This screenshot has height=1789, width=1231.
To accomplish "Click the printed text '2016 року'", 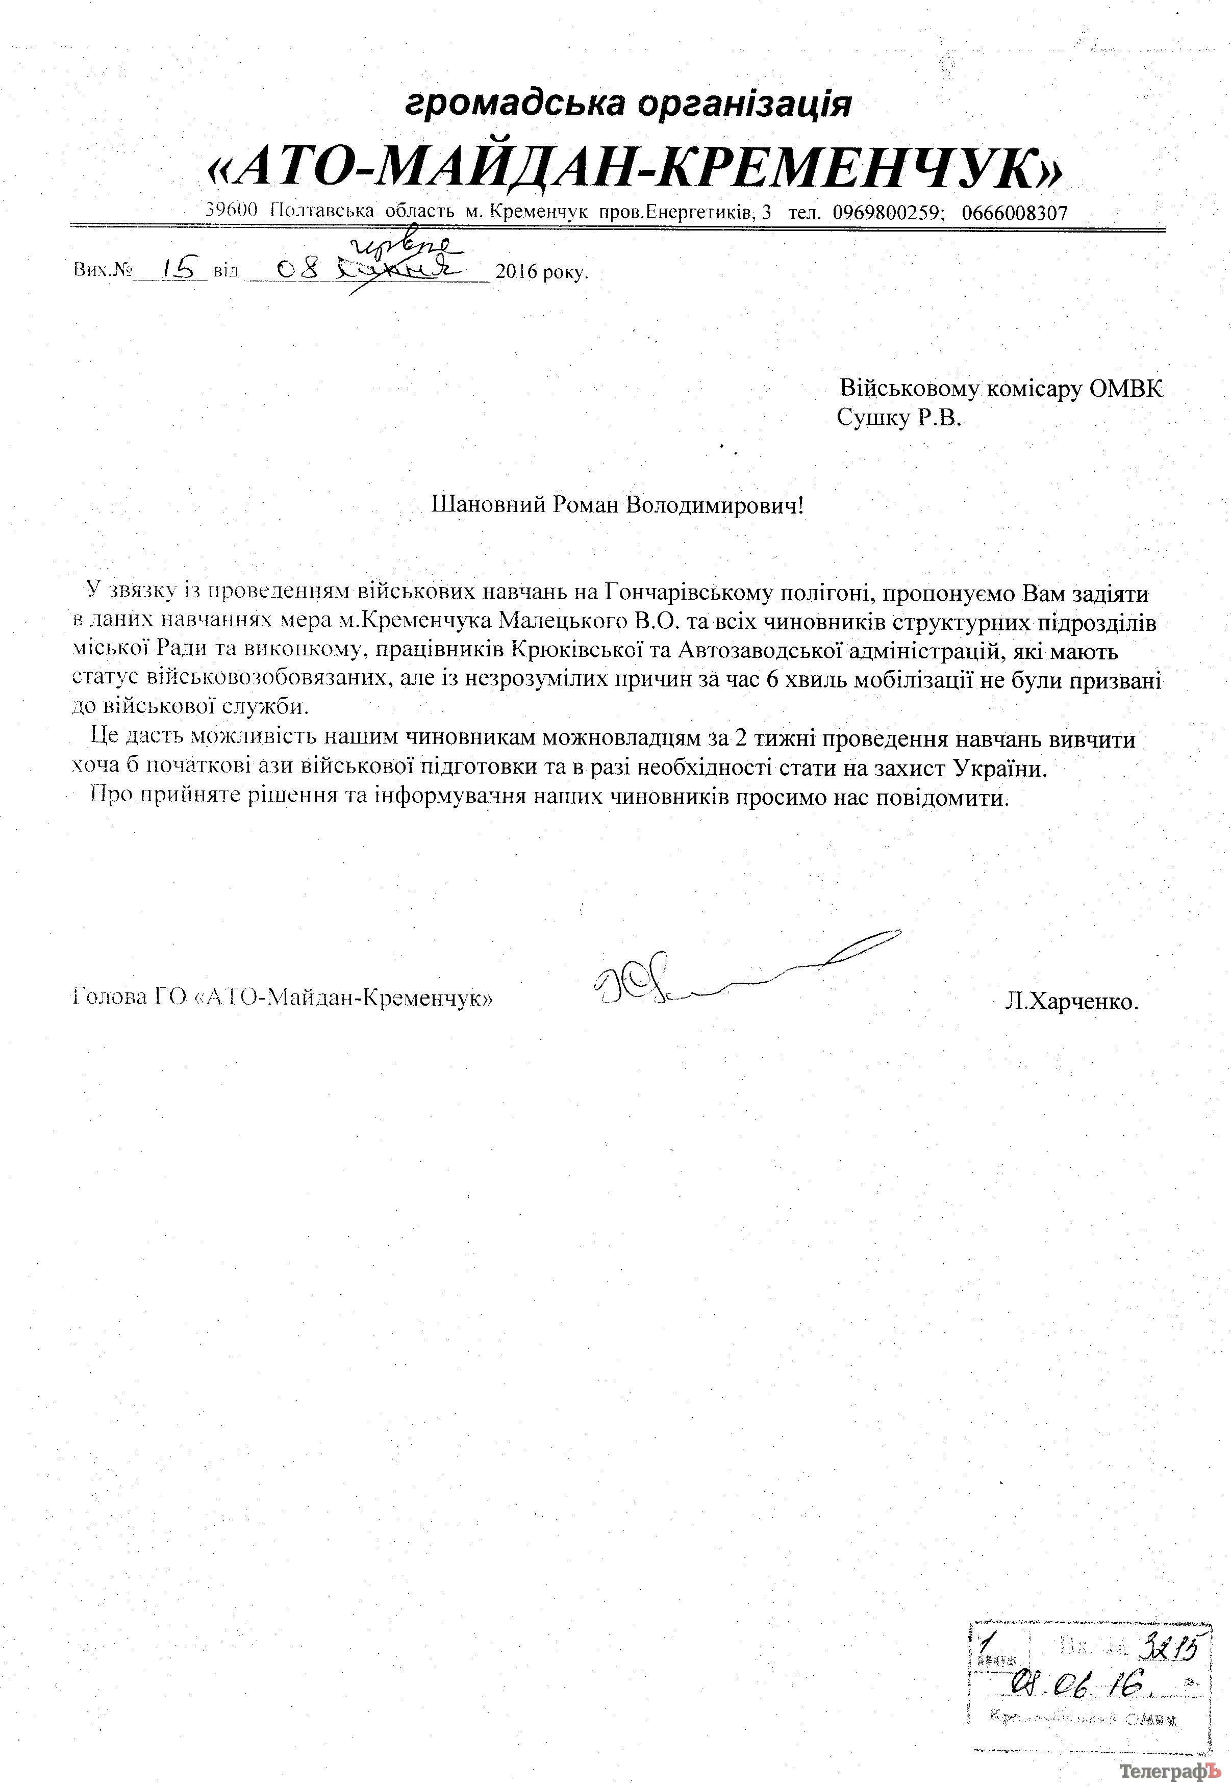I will pos(541,272).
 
